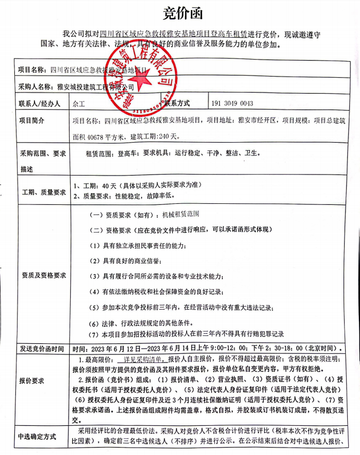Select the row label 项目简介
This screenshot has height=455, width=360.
point(31,120)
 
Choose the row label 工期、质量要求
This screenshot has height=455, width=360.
point(43,192)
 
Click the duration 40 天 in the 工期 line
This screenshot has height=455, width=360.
point(108,185)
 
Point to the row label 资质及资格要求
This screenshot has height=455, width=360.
point(44,276)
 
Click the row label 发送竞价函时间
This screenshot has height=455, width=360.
point(41,349)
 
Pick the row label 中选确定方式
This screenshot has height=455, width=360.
point(38,436)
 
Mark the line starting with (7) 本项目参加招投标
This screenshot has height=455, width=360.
point(186,334)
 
